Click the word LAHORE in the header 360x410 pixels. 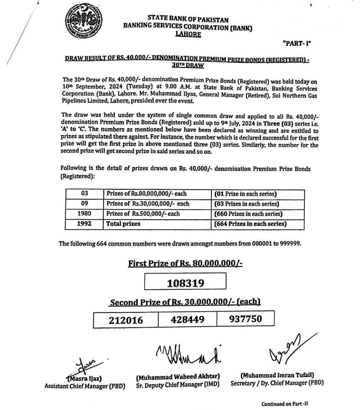point(188,35)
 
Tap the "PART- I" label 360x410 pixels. point(297,44)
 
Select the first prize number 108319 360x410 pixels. point(185,283)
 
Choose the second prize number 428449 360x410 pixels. point(188,319)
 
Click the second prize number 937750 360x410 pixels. point(246,319)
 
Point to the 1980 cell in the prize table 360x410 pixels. point(84,214)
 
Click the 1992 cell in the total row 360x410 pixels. point(84,224)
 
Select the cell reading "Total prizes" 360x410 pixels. point(123,224)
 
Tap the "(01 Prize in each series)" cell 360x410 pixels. point(246,194)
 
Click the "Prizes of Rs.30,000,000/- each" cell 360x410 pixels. point(148,204)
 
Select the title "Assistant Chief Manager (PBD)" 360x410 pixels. point(85,386)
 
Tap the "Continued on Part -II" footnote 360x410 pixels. point(284,404)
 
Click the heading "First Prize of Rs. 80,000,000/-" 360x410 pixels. point(185,263)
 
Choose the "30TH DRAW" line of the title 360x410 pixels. point(188,66)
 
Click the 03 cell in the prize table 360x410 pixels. point(84,194)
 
